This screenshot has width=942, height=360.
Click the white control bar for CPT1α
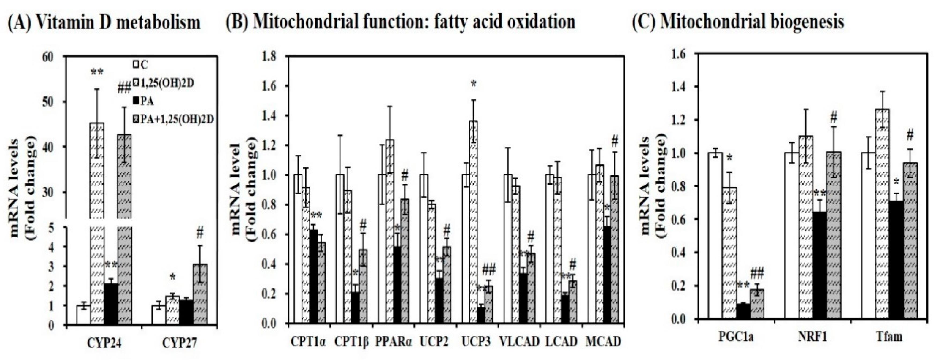[x=298, y=249]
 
